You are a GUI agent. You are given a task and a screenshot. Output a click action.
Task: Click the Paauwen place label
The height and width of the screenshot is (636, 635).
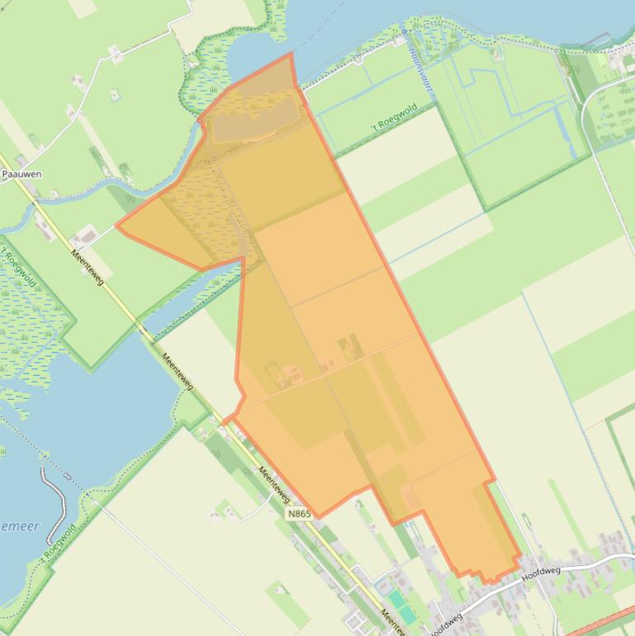(x=21, y=174)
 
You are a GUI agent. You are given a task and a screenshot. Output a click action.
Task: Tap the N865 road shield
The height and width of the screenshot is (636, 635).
(x=300, y=514)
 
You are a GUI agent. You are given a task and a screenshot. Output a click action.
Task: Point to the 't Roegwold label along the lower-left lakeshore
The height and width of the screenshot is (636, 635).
(x=59, y=543)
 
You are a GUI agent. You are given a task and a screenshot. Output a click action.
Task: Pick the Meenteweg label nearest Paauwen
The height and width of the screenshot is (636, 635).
(x=88, y=268)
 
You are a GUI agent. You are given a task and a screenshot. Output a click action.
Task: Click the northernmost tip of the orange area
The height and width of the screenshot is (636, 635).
(x=291, y=54)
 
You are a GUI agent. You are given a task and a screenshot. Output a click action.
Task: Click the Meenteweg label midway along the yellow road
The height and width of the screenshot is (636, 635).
(x=178, y=372)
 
